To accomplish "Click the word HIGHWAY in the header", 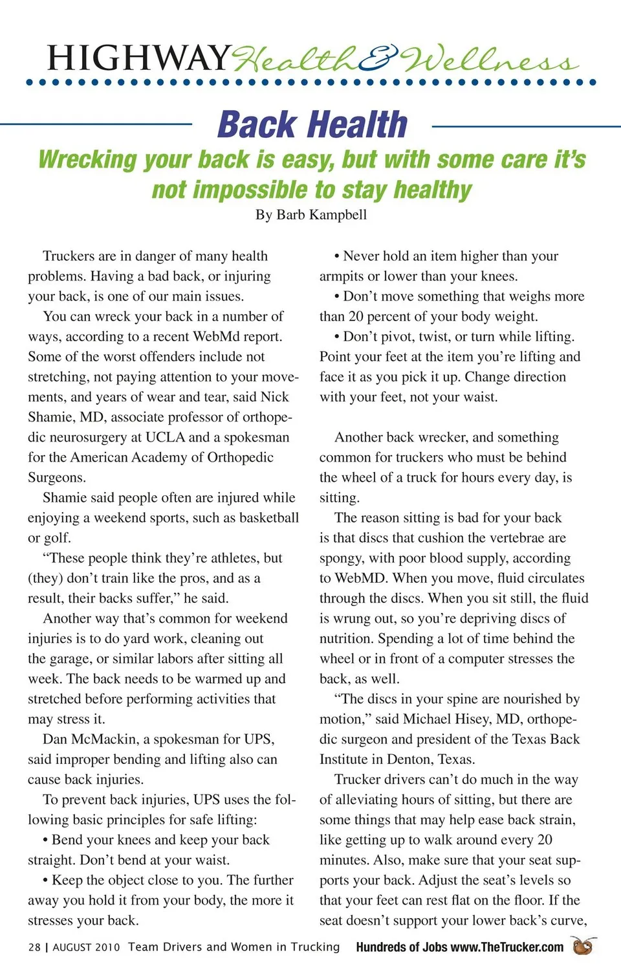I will click(138, 58).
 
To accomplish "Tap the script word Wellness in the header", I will click(489, 60).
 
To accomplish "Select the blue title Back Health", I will click(312, 124).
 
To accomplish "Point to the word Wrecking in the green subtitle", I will click(88, 160).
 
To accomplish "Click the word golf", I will click(57, 538).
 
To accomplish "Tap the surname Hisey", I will click(474, 719).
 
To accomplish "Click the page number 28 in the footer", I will click(34, 947).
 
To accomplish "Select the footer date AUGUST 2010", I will click(86, 947).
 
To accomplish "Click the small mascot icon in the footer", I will click(583, 946).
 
